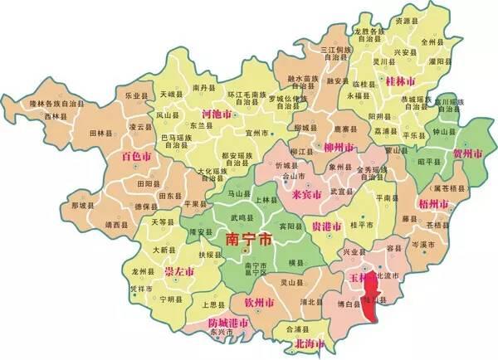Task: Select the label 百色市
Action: [136, 155]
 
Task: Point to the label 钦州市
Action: [271, 301]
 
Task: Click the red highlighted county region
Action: [374, 299]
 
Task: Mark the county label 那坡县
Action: [83, 204]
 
